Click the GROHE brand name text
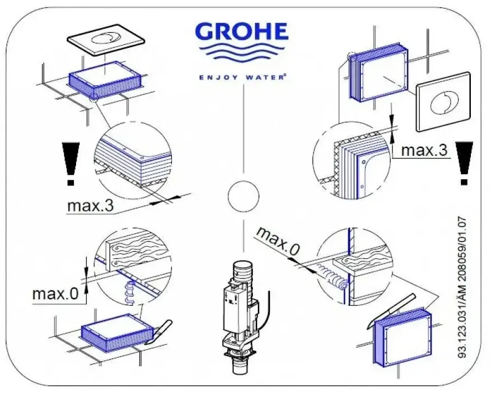pos(242,32)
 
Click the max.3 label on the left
pos(90,206)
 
